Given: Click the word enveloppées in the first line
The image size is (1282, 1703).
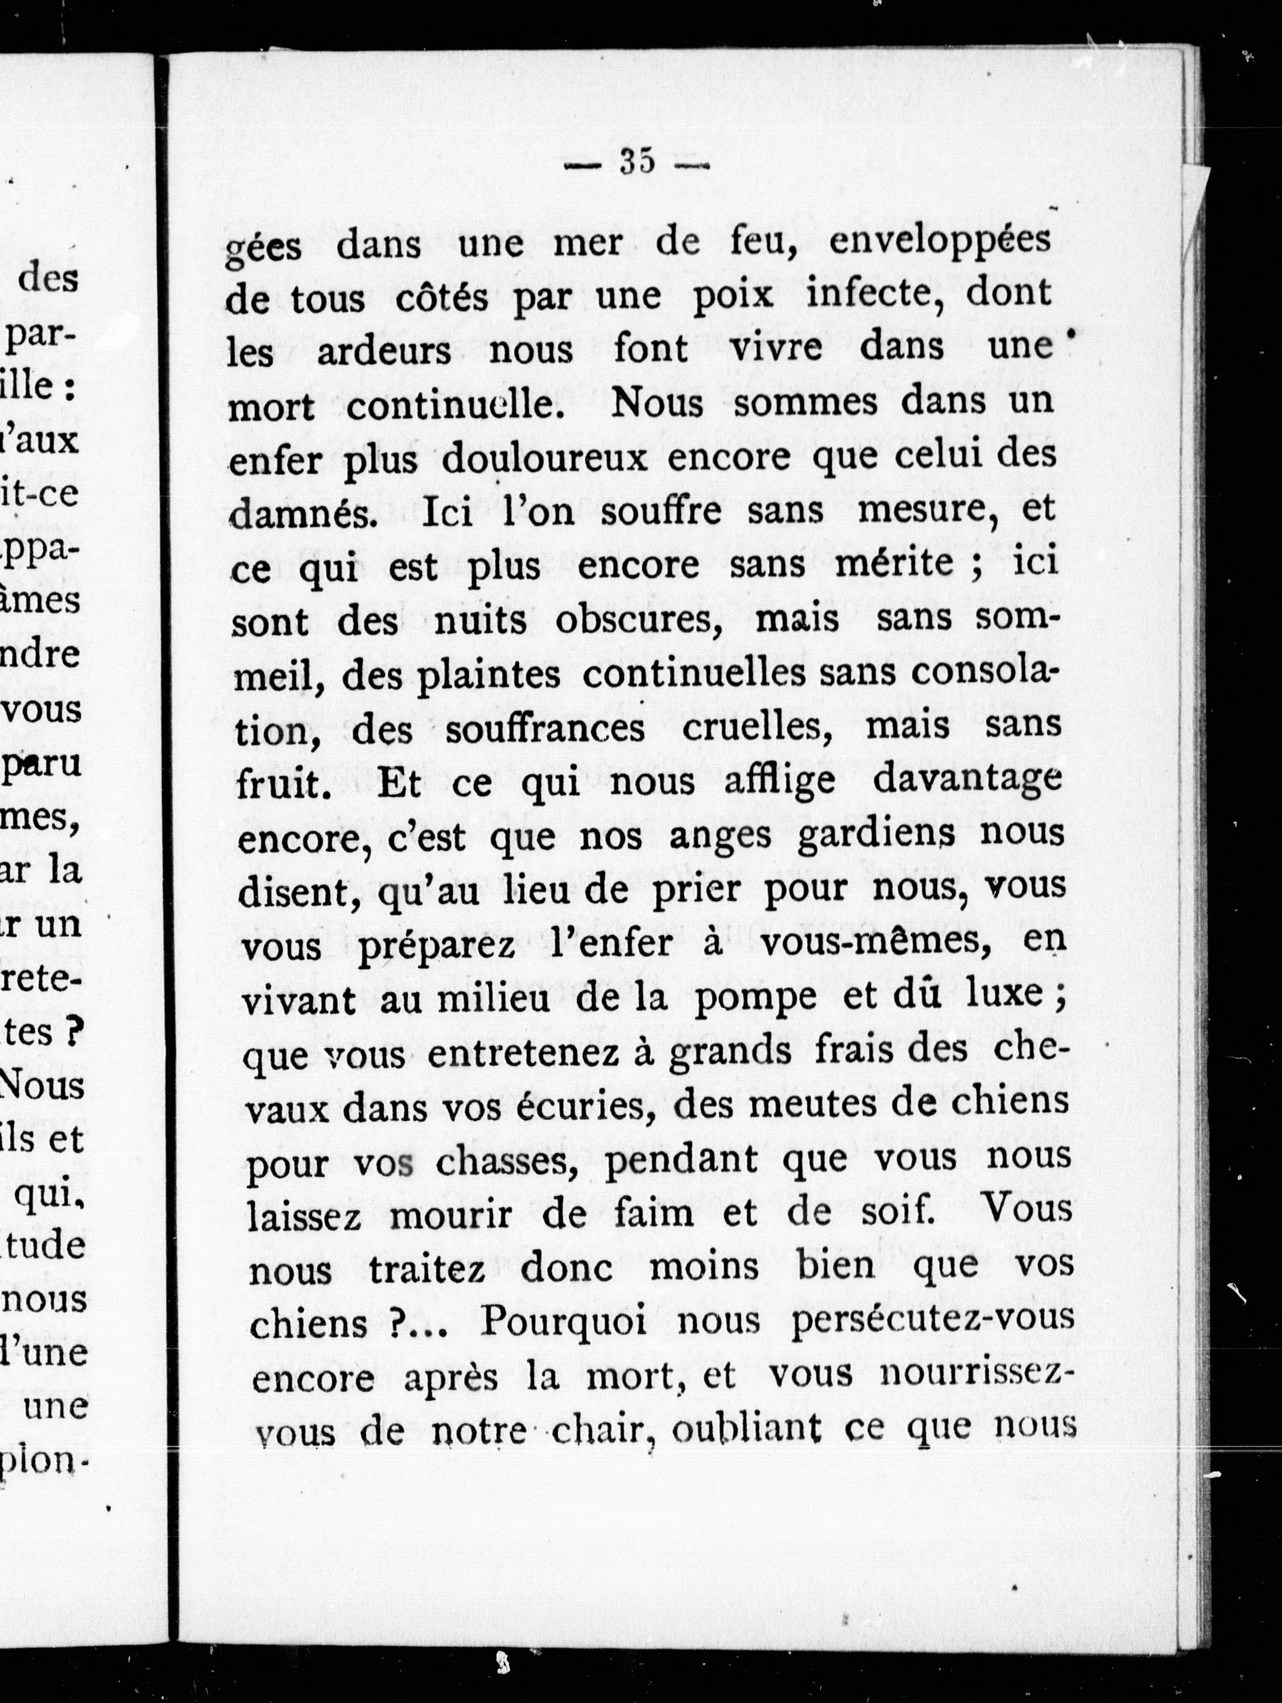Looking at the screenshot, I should tap(939, 240).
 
